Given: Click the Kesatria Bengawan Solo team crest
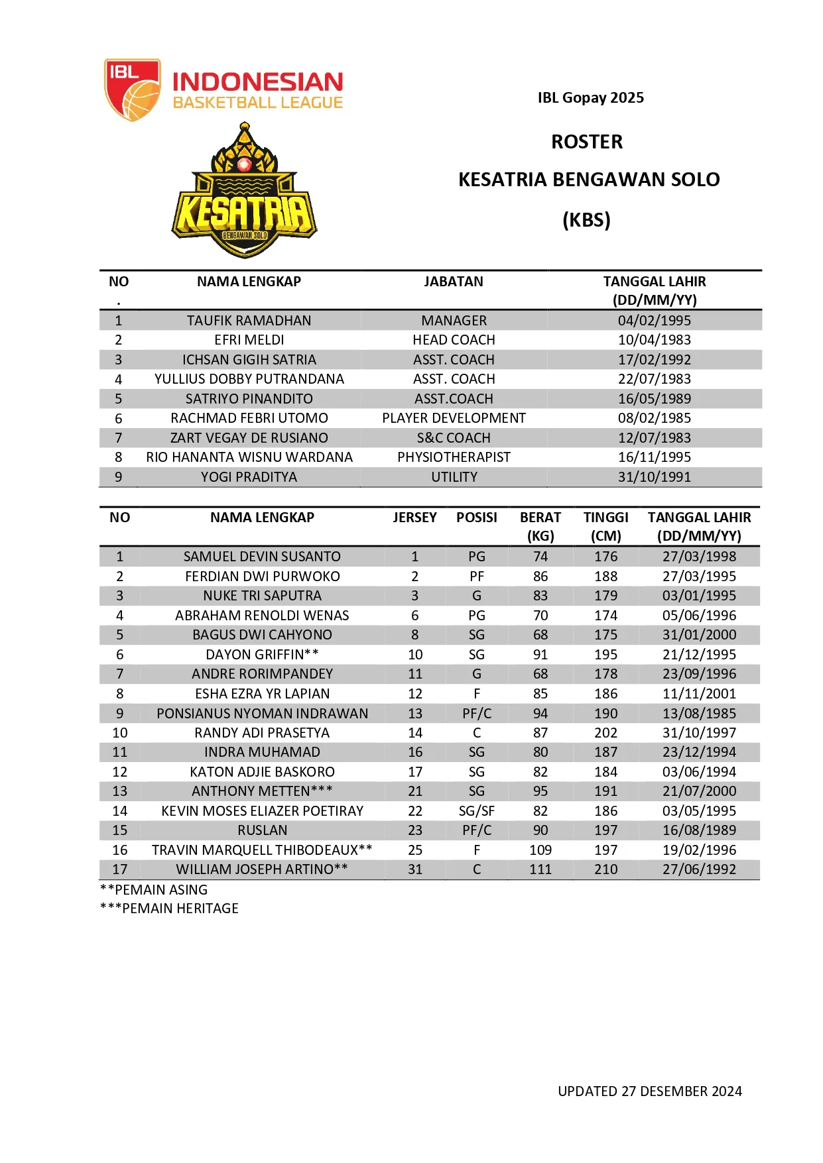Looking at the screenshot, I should point(245,192).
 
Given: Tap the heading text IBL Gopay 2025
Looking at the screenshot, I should point(590,98).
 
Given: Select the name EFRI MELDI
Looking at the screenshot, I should point(249,340).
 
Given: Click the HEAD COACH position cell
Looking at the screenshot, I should point(454,340).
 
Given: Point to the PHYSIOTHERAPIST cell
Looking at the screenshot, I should point(454,457).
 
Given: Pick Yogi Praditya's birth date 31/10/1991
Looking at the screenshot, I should point(654,477).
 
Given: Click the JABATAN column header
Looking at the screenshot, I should point(454,282).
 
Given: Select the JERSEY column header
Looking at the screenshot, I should point(414,518).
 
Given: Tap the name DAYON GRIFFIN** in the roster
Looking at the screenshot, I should point(262,655).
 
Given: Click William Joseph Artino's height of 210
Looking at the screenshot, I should point(605,869).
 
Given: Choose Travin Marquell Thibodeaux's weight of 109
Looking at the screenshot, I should point(540,850).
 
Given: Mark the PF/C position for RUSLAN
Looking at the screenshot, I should point(477,830).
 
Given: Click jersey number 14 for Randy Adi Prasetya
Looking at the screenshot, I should point(415,733).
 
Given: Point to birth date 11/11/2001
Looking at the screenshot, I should point(699,694).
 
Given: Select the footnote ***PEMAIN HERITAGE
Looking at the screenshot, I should point(169,909).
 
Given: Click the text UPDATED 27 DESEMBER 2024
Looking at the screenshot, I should point(649,1091).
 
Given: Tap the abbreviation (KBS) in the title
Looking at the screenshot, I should point(586,220).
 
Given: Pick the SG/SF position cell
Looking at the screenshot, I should point(477,811).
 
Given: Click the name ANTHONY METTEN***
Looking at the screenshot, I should point(262,791).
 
